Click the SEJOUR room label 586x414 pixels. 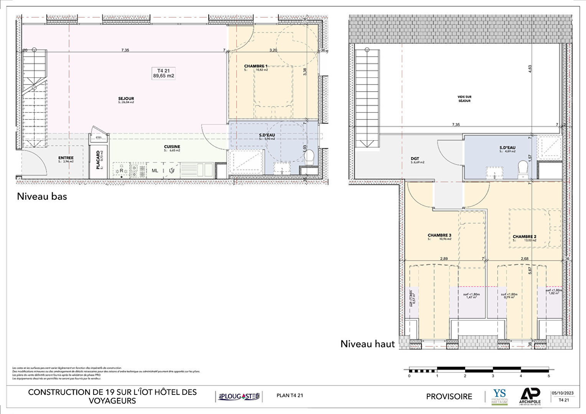[126, 99]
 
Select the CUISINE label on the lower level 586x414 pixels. [172, 147]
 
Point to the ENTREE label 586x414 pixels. [66, 158]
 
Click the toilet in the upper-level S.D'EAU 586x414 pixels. [522, 168]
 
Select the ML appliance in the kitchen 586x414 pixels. [155, 171]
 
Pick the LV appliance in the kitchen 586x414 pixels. [171, 171]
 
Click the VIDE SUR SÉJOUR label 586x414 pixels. [464, 99]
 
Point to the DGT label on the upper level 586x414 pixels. [415, 158]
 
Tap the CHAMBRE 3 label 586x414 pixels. [439, 235]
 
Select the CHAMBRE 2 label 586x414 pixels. [524, 237]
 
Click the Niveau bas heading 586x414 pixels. [42, 197]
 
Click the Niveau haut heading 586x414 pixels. [367, 344]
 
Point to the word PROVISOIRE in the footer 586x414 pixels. [449, 396]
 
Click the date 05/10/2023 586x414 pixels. [563, 393]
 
